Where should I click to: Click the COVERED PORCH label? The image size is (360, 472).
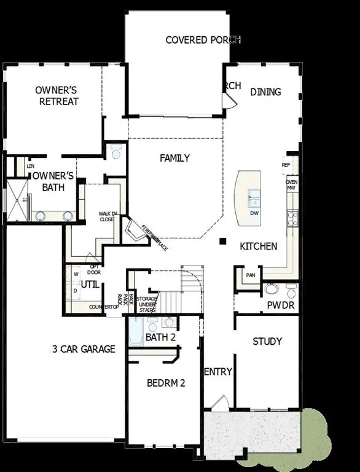[x=203, y=40]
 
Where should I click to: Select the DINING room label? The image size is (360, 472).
[x=265, y=92]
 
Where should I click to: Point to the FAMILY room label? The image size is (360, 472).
[x=174, y=158]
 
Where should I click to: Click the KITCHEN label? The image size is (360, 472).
[x=258, y=246]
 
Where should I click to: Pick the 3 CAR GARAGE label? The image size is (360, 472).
[x=84, y=349]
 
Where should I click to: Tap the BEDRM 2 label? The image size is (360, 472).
[x=166, y=383]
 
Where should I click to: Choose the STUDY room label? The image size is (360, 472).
[x=267, y=341]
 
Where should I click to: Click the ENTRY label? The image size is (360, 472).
[x=217, y=371]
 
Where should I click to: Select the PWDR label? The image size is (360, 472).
[x=281, y=305]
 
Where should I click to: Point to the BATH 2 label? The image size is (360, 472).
[x=161, y=337]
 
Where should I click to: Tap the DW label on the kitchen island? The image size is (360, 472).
[x=254, y=213]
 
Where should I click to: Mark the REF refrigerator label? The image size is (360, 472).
[x=286, y=165]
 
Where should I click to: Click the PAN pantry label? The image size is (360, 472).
[x=250, y=275]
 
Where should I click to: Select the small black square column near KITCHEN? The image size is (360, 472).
[x=224, y=241]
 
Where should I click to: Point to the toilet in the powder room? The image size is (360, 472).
[x=271, y=288]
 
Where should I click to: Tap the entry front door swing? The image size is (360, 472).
[x=219, y=404]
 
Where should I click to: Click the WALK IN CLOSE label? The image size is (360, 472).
[x=107, y=216]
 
